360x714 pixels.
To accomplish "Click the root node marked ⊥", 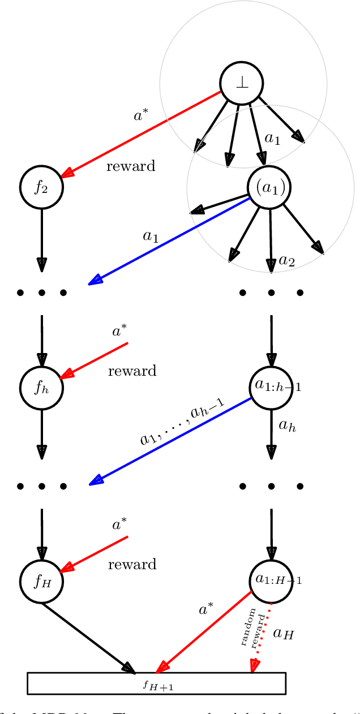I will tap(242, 83).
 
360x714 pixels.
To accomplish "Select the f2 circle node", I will tap(41, 187).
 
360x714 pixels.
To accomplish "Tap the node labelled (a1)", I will tap(270, 187).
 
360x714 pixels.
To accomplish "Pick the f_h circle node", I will tap(41, 388).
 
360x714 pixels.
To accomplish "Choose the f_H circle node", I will tap(41, 581).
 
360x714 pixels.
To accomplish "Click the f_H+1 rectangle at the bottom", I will tap(156, 683).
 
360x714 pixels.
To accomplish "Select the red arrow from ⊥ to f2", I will tap(142, 133).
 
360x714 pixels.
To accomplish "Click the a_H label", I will tap(284, 634).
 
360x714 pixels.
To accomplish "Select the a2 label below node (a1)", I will tap(287, 261).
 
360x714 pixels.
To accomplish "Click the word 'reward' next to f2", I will tap(131, 166).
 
